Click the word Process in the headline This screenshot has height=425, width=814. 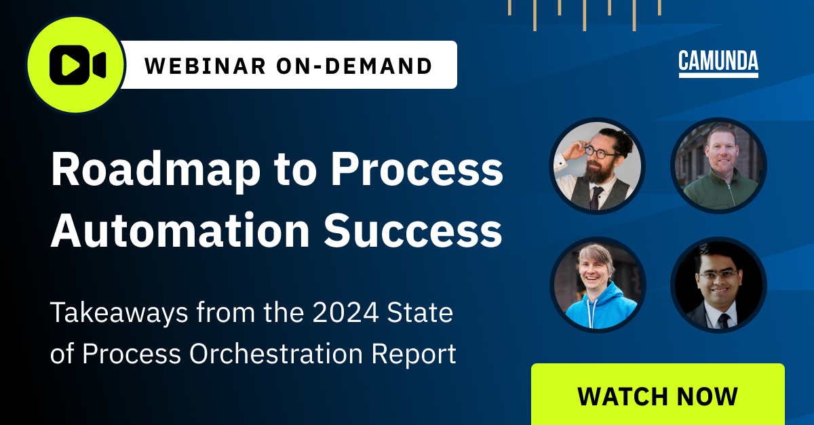(x=416, y=171)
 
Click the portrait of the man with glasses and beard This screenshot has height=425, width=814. (x=597, y=166)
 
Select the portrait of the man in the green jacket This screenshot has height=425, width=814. (x=718, y=166)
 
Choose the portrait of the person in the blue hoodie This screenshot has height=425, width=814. (x=597, y=285)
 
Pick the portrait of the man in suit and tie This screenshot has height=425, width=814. (x=718, y=285)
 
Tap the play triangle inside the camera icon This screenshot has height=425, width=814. (x=70, y=65)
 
